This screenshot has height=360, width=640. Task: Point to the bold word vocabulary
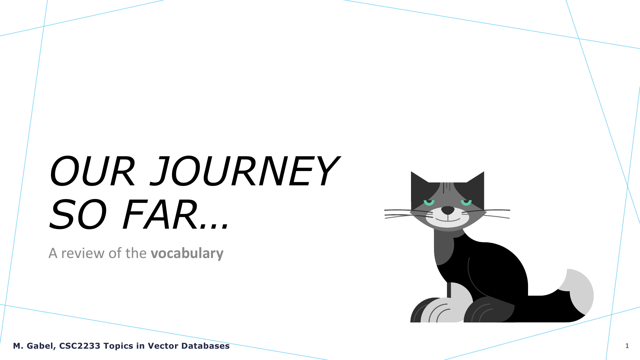click(x=187, y=253)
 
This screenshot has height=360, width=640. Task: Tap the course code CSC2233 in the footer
click(x=80, y=346)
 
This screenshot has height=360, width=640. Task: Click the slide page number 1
click(x=627, y=346)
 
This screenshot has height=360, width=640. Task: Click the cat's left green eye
click(x=429, y=202)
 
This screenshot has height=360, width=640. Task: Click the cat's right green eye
click(x=466, y=202)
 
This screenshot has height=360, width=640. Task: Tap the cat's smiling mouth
click(x=448, y=219)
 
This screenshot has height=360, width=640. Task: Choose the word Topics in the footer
click(x=118, y=346)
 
